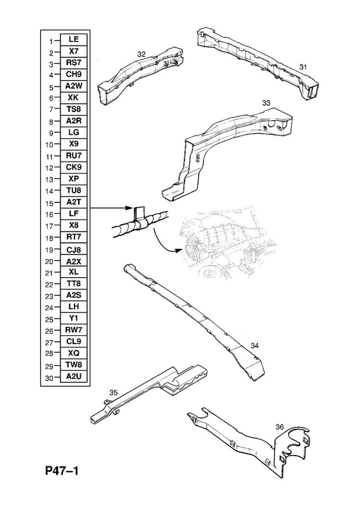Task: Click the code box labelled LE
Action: pos(74,39)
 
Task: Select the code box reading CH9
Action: pos(74,74)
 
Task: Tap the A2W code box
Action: pos(74,86)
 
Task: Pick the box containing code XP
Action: pos(74,179)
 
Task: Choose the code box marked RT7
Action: pos(74,237)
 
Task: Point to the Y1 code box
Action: pos(74,319)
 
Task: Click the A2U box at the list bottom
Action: pos(74,377)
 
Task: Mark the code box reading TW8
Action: pos(74,365)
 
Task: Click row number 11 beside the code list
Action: pos(49,157)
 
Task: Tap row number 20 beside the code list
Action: pos(49,261)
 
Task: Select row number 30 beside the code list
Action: pos(49,378)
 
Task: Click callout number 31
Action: pos(303,67)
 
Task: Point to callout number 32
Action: pos(141,55)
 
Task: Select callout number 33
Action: pos(267,103)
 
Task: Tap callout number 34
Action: pos(255,346)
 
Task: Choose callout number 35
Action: pos(113,393)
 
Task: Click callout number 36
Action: pos(280,427)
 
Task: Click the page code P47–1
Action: pos(62,471)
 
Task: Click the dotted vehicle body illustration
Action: pos(227,242)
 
